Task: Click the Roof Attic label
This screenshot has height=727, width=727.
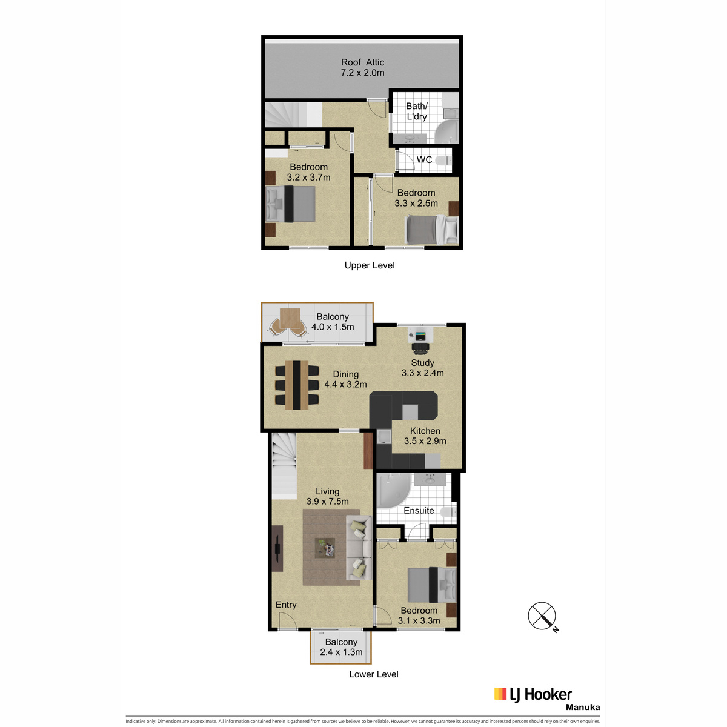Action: (362, 62)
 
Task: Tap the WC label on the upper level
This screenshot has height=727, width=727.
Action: (424, 159)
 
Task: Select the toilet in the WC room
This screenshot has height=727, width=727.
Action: (443, 161)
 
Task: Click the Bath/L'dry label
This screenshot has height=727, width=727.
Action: (416, 111)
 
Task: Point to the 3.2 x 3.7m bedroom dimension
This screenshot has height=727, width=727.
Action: (308, 178)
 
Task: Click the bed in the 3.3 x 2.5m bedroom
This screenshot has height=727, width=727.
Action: (431, 230)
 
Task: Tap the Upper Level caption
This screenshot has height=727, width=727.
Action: (370, 265)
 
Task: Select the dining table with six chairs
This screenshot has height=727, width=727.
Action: (297, 385)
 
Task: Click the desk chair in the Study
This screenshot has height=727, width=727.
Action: (419, 348)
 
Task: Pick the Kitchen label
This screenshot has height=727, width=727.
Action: (425, 431)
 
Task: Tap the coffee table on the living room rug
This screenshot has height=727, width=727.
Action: (325, 548)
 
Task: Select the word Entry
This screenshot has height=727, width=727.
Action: (285, 605)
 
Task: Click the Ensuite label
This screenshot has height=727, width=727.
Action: (419, 511)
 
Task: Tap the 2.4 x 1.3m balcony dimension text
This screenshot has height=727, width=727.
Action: (341, 652)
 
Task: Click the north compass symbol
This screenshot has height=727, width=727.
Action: (542, 616)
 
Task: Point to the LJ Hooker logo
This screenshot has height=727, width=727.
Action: (533, 694)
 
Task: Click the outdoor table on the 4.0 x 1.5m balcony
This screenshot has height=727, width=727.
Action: (290, 318)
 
